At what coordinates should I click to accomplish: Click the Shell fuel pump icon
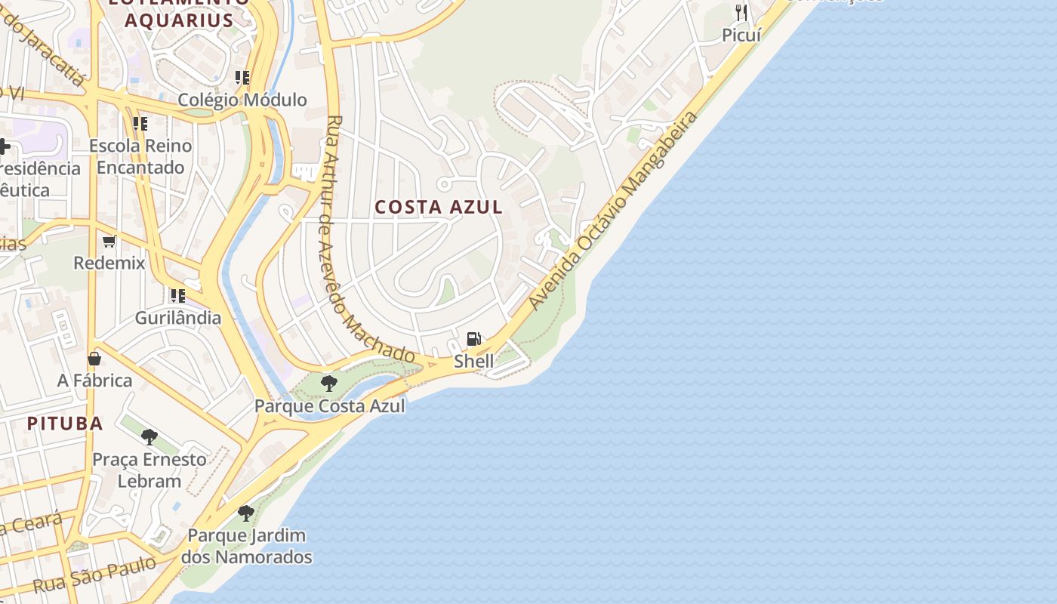pyautogui.click(x=473, y=339)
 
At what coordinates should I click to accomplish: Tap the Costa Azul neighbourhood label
pyautogui.click(x=439, y=207)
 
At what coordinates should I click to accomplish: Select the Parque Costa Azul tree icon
pyautogui.click(x=328, y=384)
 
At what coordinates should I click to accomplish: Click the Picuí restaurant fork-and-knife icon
pyautogui.click(x=741, y=12)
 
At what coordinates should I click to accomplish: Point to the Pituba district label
pyautogui.click(x=65, y=423)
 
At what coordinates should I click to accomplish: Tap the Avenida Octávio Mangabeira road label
pyautogui.click(x=613, y=211)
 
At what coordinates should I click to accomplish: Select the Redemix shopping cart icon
pyautogui.click(x=109, y=242)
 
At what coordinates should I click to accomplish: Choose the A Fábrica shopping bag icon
pyautogui.click(x=94, y=359)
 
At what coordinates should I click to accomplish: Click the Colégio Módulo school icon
pyautogui.click(x=242, y=78)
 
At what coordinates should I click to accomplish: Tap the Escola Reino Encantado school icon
pyautogui.click(x=140, y=123)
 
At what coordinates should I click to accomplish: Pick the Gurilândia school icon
pyautogui.click(x=178, y=295)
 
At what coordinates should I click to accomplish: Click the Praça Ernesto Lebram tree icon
pyautogui.click(x=149, y=436)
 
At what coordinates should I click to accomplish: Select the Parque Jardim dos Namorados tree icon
pyautogui.click(x=245, y=513)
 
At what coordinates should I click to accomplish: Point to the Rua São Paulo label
pyautogui.click(x=94, y=576)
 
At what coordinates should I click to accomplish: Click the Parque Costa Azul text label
pyautogui.click(x=329, y=406)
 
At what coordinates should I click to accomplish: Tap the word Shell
pyautogui.click(x=473, y=362)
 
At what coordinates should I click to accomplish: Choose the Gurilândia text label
pyautogui.click(x=178, y=318)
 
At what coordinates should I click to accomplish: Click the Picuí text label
pyautogui.click(x=741, y=35)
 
